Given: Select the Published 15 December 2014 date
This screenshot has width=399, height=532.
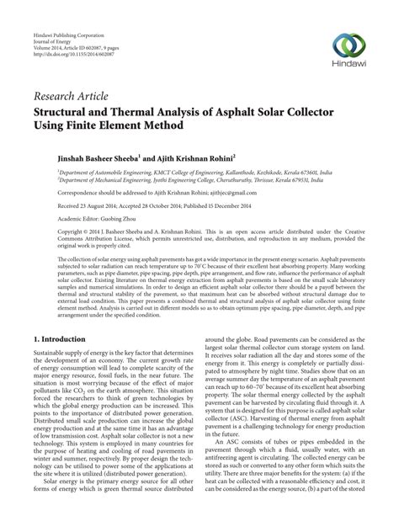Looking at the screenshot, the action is click(235, 204).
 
